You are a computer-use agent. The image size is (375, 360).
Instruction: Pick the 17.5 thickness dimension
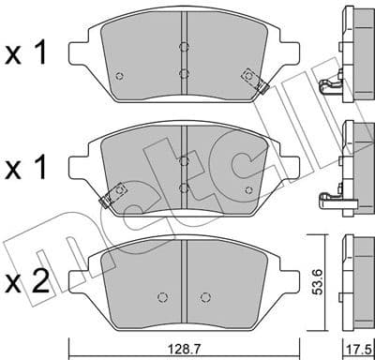point(357,346)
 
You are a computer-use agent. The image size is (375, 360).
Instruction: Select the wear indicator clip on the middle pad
point(116,196)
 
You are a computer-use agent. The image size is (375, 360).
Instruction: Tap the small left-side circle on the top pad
point(116,77)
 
